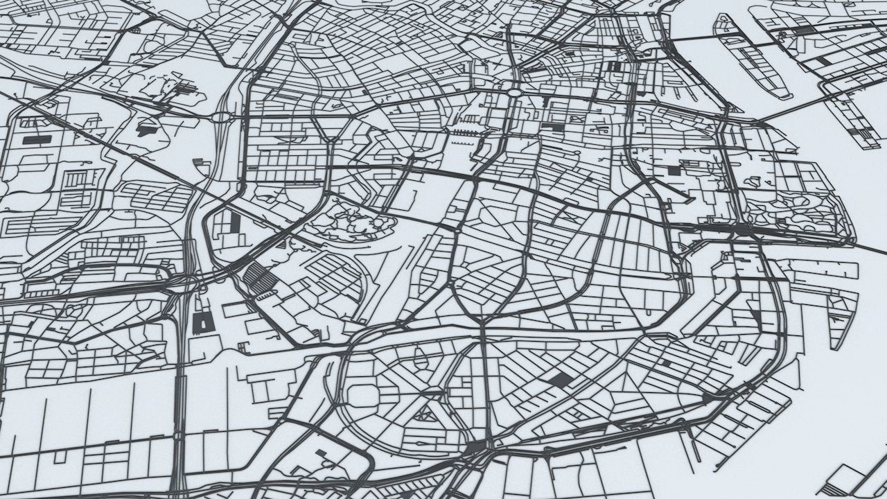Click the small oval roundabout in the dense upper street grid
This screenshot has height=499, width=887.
pyautogui.click(x=514, y=91)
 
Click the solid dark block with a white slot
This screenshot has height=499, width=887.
pyautogui.click(x=203, y=322)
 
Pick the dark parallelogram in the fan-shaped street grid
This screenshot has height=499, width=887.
pyautogui.click(x=559, y=378)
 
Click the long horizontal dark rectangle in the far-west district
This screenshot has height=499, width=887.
pyautogui.click(x=37, y=139)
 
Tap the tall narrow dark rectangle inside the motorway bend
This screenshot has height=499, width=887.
pyautogui.click(x=235, y=222)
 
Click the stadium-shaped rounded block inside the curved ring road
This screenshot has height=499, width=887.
pyautogui.click(x=362, y=396)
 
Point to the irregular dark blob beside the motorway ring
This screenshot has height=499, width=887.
pyautogui.click(x=148, y=128)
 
